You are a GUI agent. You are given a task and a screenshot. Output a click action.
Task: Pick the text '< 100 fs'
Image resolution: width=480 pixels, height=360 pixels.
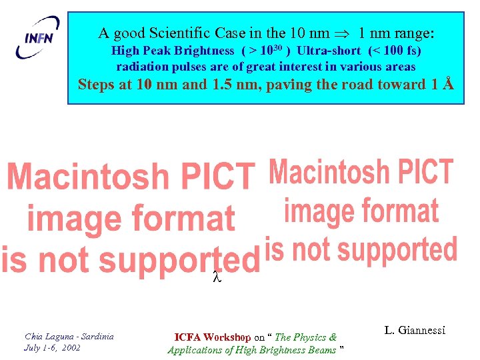pyautogui.click(x=394, y=51)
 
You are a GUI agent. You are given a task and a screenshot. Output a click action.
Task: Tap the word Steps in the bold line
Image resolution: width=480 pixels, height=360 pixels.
pyautogui.click(x=96, y=85)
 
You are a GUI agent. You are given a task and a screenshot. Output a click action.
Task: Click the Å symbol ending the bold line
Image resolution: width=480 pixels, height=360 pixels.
pyautogui.click(x=449, y=84)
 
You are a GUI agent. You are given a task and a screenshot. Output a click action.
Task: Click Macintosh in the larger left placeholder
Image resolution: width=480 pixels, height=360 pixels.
pyautogui.click(x=79, y=177)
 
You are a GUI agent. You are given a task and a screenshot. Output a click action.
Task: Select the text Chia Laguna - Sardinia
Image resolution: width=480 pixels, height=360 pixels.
pyautogui.click(x=69, y=336)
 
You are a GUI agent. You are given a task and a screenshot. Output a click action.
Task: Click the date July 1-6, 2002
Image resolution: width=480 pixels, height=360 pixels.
pyautogui.click(x=52, y=347)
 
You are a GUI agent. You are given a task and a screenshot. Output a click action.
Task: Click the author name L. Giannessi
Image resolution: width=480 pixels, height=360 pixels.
pyautogui.click(x=415, y=330)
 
